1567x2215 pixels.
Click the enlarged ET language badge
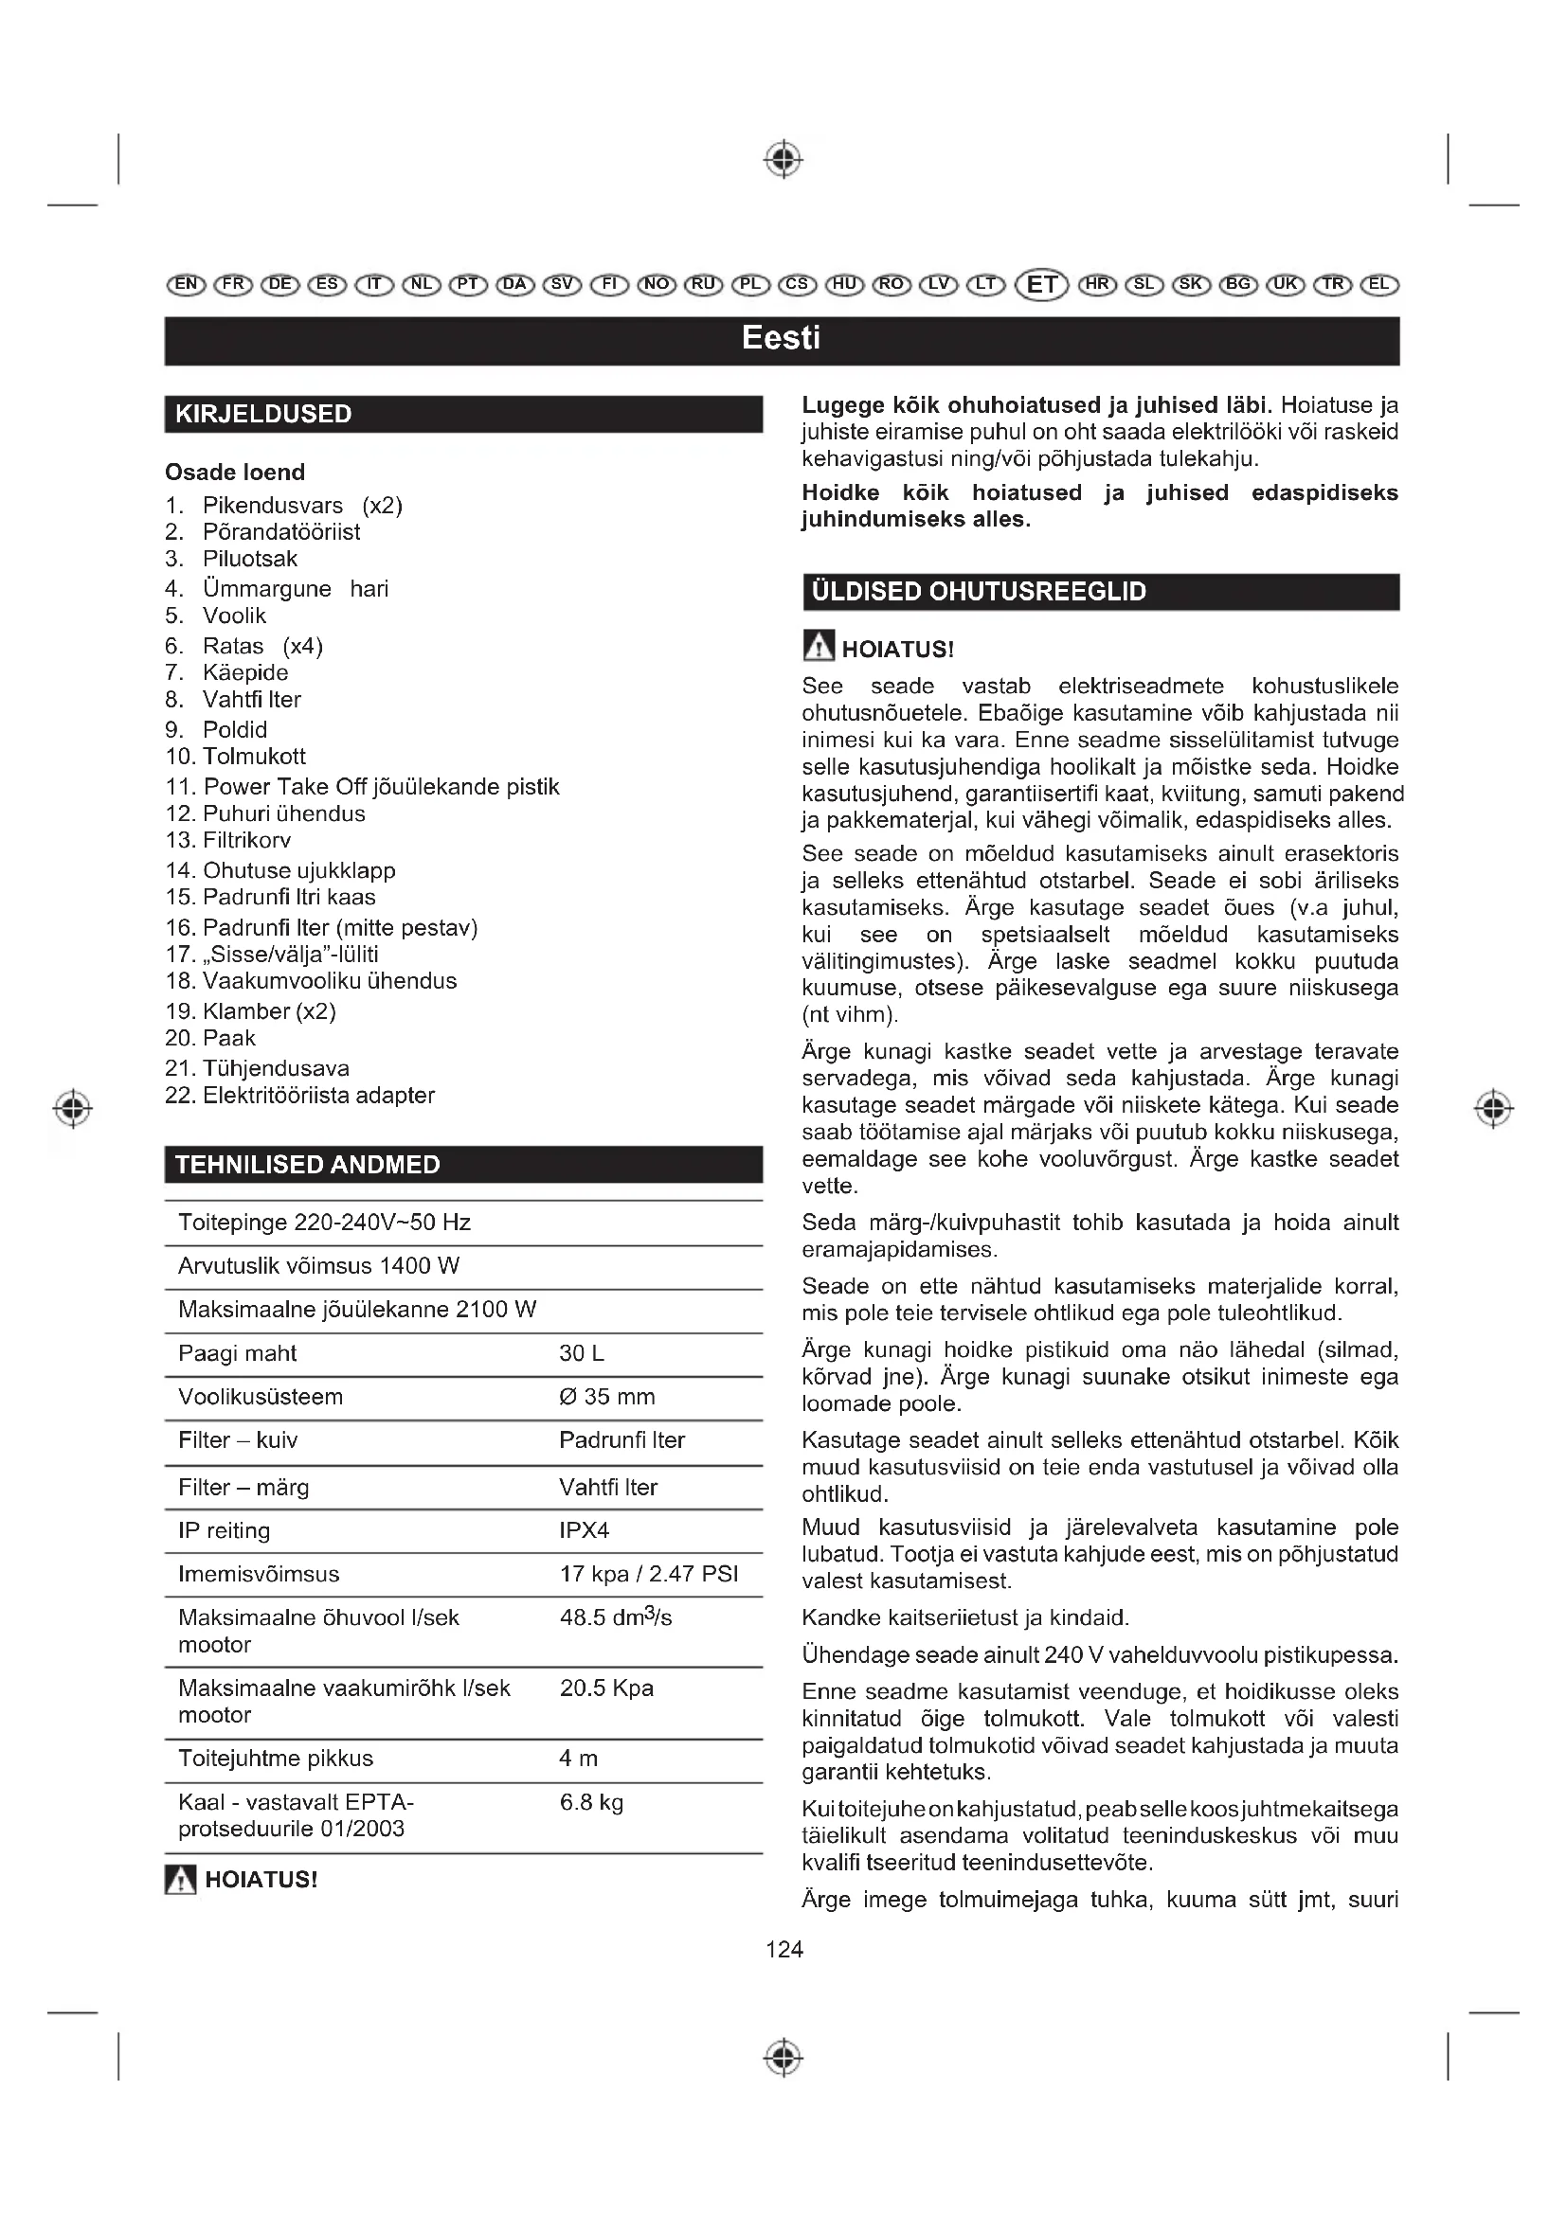click(x=1042, y=285)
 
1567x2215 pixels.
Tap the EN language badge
click(x=186, y=285)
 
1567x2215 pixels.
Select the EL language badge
click(x=1378, y=285)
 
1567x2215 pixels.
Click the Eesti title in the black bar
click(x=781, y=339)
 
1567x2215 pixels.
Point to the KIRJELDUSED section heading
click(x=263, y=415)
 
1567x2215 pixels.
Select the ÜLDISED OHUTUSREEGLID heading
click(x=979, y=591)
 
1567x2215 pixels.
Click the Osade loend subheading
click(x=234, y=472)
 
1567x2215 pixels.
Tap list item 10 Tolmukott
click(x=236, y=757)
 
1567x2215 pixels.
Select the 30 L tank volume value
click(x=582, y=1353)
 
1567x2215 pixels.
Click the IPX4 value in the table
click(x=584, y=1530)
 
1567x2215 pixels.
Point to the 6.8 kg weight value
click(x=591, y=1802)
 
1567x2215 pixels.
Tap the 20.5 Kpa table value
click(x=606, y=1688)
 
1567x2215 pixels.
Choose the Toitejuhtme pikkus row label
click(x=275, y=1759)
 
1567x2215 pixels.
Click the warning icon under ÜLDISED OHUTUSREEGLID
click(x=819, y=647)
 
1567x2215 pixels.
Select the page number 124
click(x=783, y=1950)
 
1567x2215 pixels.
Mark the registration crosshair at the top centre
click(x=783, y=159)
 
